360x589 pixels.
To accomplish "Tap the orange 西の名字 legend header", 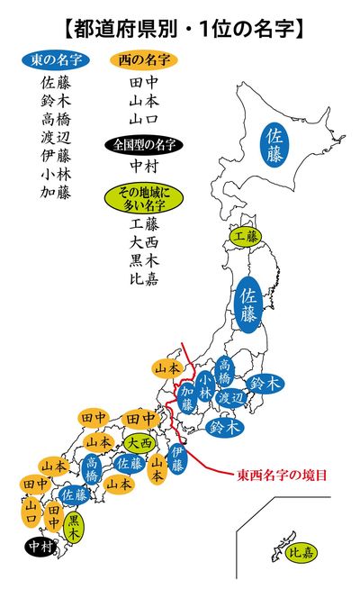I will (x=143, y=60).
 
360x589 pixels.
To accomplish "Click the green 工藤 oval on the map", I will (x=247, y=237).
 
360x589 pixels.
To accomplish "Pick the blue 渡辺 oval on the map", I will (x=232, y=397).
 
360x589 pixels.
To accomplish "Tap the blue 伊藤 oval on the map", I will (x=178, y=460).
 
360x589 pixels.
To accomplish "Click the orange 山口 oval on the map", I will (x=31, y=514).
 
